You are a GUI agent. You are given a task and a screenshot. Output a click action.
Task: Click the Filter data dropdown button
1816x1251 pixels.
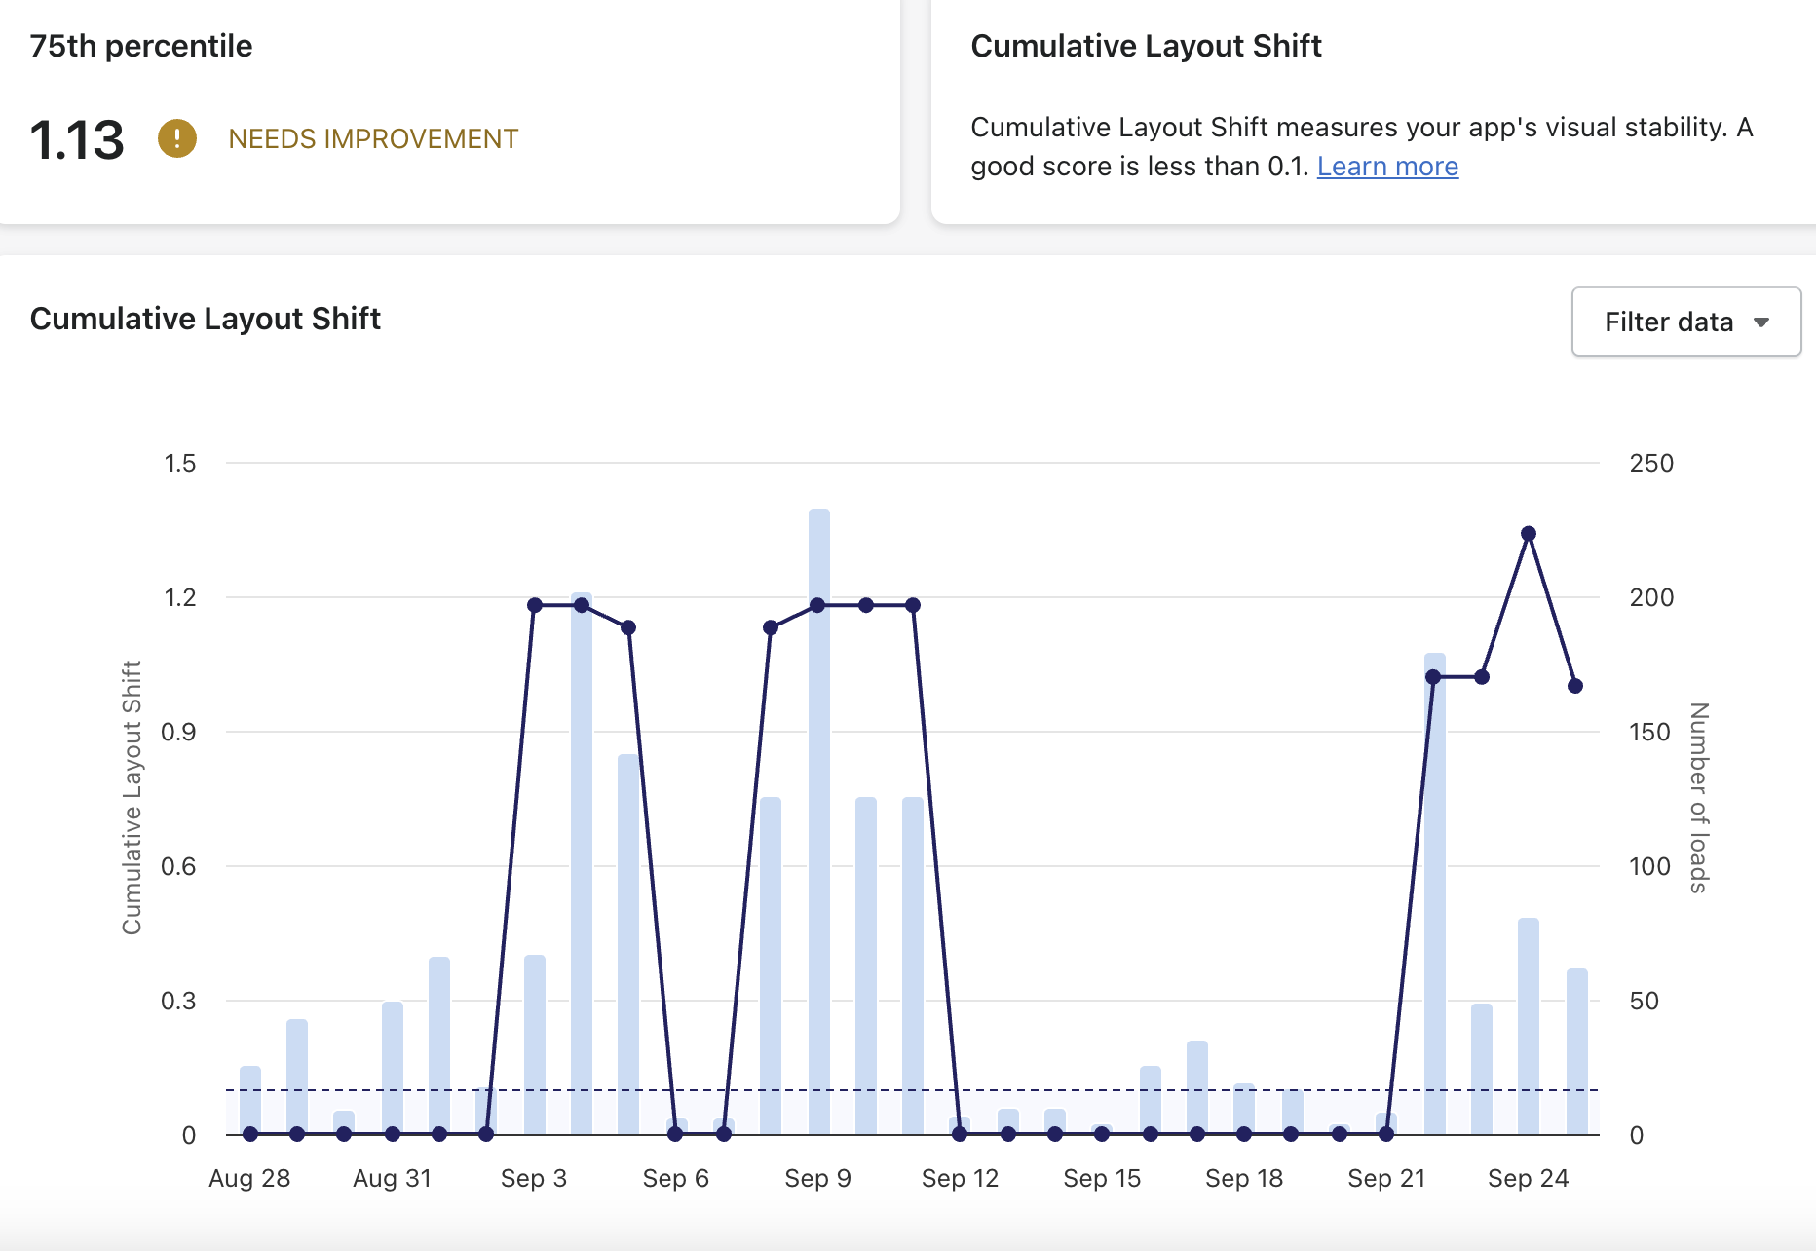point(1685,322)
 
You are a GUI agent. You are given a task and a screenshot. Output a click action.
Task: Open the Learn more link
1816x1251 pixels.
point(1387,167)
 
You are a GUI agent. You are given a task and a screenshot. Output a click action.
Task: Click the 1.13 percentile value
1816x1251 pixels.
point(77,139)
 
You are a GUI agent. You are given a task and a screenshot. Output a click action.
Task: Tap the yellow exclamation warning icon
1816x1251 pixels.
point(177,138)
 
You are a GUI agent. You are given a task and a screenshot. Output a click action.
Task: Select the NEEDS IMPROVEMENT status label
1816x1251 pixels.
point(373,139)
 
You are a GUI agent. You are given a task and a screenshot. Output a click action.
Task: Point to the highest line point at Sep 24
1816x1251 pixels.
point(1529,534)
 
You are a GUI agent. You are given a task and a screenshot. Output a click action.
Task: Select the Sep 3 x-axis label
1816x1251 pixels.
point(534,1178)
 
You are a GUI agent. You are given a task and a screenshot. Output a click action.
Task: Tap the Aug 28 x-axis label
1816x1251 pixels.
point(249,1178)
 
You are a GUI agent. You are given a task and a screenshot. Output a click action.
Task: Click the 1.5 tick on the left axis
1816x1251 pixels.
point(180,463)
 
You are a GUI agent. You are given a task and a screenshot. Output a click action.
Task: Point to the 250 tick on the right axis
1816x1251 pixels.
point(1651,463)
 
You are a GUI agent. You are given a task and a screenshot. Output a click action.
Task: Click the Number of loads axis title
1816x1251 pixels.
point(1699,797)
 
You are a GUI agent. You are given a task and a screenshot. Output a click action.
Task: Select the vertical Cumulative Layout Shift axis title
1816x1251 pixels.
point(132,797)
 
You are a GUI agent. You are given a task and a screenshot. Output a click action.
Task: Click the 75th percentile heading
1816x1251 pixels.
point(141,46)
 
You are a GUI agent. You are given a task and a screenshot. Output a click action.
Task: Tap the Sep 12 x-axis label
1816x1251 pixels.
point(960,1178)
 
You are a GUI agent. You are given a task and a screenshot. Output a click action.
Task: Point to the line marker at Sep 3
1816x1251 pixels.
point(535,605)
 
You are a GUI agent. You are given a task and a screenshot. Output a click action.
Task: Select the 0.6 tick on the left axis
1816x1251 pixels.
point(178,866)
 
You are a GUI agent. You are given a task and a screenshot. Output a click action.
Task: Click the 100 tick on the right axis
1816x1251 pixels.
point(1649,866)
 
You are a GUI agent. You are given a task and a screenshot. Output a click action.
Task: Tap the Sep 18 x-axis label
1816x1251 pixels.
point(1244,1178)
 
